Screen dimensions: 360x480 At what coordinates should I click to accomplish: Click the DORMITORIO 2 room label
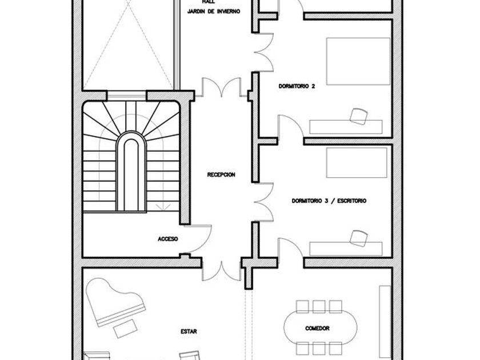297,86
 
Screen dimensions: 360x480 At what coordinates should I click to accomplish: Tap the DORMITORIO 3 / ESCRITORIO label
329,201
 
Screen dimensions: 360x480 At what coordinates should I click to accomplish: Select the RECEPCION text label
221,175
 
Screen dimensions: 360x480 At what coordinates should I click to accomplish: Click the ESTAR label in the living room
189,331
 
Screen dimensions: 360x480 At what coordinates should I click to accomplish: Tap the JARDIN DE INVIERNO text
213,11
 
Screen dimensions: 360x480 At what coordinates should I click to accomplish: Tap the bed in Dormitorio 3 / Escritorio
357,163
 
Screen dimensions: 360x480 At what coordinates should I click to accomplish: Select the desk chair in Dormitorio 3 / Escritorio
358,237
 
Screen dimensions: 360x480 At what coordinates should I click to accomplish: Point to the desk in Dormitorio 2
345,126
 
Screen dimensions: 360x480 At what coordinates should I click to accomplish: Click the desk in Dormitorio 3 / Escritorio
345,248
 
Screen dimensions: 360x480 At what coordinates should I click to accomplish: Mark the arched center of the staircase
130,171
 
